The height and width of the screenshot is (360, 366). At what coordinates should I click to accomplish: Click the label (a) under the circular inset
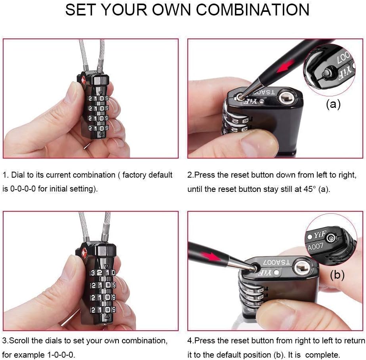(333, 104)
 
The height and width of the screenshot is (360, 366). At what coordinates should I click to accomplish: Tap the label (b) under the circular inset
(337, 274)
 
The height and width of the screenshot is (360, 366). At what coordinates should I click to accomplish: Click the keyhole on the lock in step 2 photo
(286, 97)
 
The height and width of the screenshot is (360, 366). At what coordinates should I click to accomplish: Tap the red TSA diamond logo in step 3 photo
(84, 253)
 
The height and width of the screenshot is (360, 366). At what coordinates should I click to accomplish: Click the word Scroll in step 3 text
(19, 341)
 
